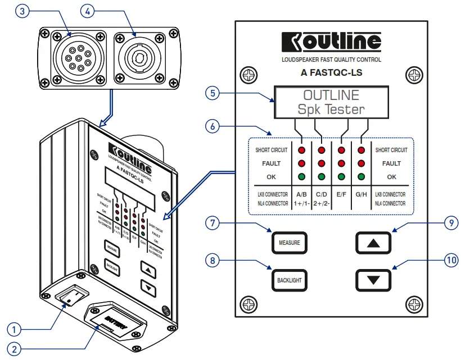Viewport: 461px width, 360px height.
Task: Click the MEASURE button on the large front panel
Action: click(290, 243)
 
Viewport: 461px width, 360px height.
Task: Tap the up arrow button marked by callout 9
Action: click(376, 243)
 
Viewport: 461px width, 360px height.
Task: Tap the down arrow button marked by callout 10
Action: click(376, 279)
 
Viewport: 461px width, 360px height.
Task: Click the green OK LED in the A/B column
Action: click(301, 176)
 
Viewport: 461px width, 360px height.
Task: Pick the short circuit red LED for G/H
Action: click(361, 151)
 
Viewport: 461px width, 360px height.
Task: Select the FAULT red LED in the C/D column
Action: click(322, 163)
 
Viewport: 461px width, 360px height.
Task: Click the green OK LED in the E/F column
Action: click(341, 176)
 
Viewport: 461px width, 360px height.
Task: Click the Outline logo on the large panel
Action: click(331, 41)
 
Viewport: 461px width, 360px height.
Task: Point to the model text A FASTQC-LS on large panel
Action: click(331, 72)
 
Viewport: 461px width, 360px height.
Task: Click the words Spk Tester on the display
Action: click(331, 109)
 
